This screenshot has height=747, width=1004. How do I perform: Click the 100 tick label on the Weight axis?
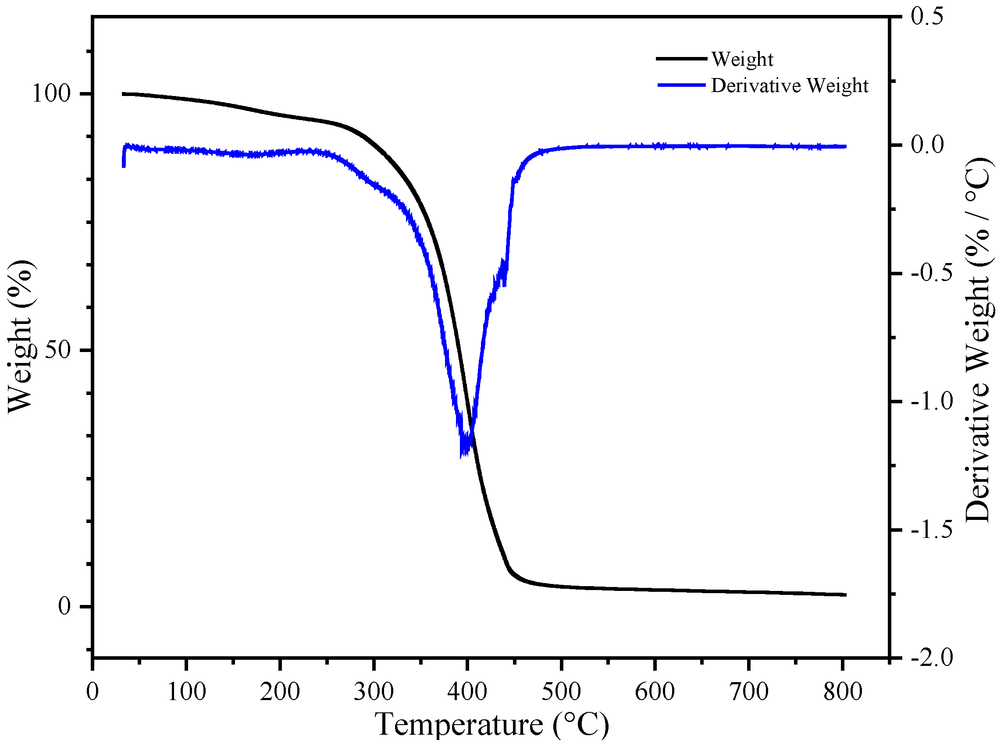(x=51, y=94)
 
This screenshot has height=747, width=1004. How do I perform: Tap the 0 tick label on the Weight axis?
(x=65, y=606)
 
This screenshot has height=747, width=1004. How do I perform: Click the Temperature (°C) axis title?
(x=491, y=724)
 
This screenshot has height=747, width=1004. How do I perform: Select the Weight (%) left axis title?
(x=21, y=336)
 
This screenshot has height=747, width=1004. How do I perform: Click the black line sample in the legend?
(x=681, y=59)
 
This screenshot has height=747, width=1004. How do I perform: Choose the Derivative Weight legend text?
(x=789, y=85)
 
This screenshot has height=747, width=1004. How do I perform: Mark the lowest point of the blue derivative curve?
(x=462, y=456)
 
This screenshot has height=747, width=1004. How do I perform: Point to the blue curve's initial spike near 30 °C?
(x=124, y=158)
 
